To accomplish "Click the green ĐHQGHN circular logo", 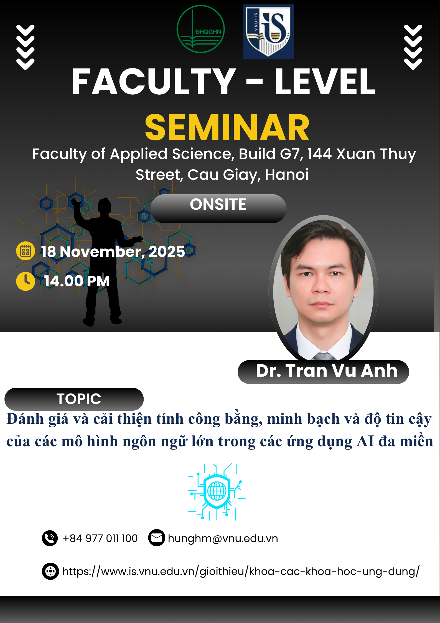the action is click(x=201, y=29).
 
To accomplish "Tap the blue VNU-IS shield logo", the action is click(x=269, y=32).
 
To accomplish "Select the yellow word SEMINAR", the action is click(x=227, y=128).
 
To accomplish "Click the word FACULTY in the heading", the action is click(x=154, y=82).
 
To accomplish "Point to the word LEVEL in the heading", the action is click(x=325, y=82).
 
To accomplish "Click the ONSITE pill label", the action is click(x=218, y=208).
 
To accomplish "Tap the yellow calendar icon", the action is click(x=26, y=251).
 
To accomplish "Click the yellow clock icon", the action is click(x=26, y=281).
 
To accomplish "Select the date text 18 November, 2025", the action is click(x=113, y=252).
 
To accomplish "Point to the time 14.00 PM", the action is click(x=77, y=281).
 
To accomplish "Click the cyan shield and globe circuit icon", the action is click(x=217, y=491).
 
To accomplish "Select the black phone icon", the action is click(x=50, y=538).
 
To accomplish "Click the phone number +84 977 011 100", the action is click(x=100, y=538).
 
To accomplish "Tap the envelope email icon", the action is click(x=157, y=538).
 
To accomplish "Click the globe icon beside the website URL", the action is click(x=50, y=571).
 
